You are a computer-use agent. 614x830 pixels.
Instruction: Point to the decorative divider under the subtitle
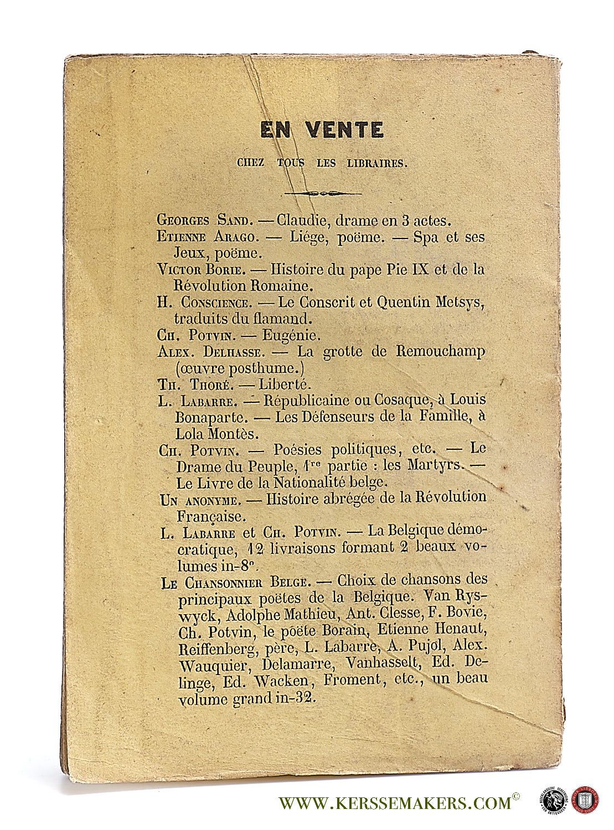click(x=322, y=194)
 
